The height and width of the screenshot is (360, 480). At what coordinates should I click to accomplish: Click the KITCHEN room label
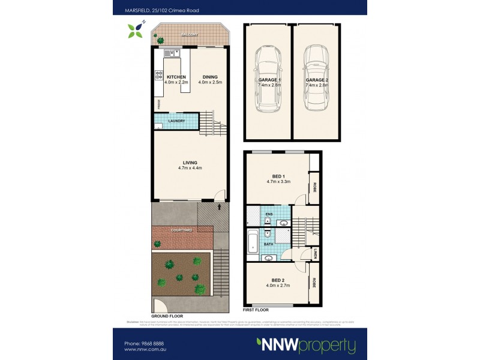[176, 77]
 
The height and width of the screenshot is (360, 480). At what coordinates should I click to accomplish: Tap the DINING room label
[210, 77]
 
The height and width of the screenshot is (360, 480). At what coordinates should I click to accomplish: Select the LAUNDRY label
[176, 121]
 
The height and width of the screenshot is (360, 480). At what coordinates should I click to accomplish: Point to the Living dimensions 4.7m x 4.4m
[190, 168]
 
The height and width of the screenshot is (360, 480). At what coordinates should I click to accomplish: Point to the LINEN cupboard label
[315, 254]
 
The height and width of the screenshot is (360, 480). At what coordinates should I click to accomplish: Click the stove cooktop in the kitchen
[159, 75]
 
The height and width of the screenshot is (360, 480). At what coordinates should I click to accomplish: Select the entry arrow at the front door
[220, 207]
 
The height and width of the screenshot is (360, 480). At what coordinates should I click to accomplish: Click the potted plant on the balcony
[160, 40]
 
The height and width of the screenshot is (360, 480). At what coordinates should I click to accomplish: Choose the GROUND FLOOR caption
[168, 316]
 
